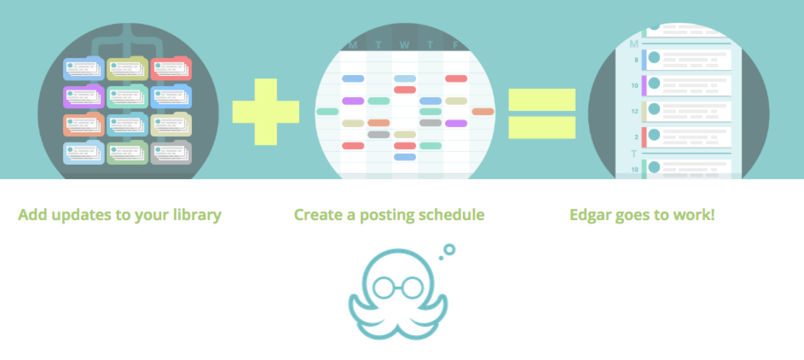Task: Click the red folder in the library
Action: point(171,68)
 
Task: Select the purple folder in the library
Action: point(84,96)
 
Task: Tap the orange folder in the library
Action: point(84,125)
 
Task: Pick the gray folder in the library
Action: point(171,152)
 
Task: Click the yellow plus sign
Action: point(266,112)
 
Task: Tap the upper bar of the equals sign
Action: point(542,100)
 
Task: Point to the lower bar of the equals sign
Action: point(542,128)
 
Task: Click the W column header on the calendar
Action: point(404,45)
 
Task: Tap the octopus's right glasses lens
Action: point(412,287)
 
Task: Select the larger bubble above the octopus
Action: point(449,250)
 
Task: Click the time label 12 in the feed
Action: point(635,111)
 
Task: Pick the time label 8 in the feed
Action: point(636,60)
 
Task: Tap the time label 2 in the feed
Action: point(636,137)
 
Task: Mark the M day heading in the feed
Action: point(634,44)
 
